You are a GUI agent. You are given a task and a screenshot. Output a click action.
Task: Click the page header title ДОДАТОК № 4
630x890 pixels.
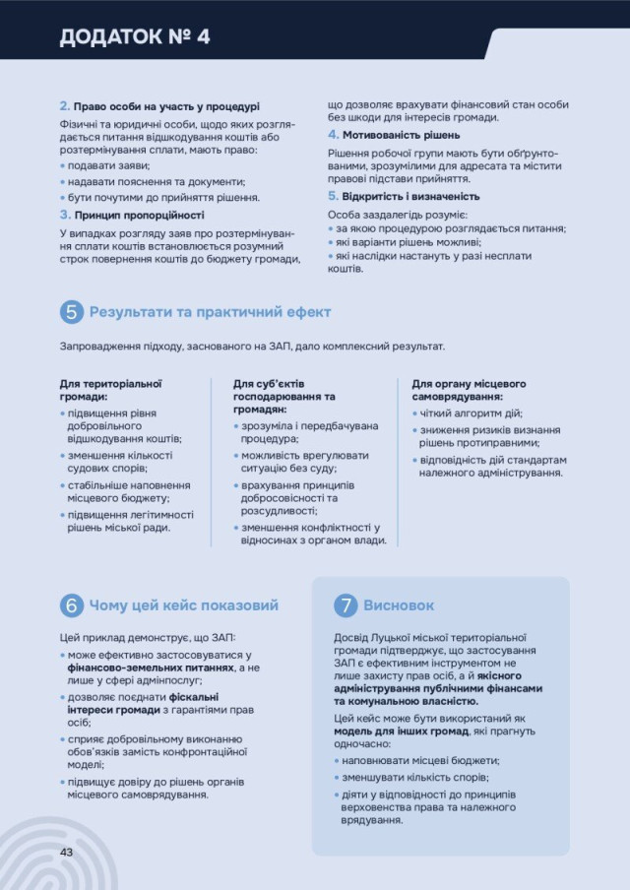pos(135,37)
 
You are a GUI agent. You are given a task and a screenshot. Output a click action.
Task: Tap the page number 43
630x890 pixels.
pos(68,851)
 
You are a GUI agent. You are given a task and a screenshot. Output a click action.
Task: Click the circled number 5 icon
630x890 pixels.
pos(71,312)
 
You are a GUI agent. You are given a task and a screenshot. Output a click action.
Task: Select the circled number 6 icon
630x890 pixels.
pos(71,605)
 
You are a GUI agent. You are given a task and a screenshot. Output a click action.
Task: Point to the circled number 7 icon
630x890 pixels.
pos(345,605)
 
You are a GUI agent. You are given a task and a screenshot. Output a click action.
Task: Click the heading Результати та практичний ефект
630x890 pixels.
pos(210,312)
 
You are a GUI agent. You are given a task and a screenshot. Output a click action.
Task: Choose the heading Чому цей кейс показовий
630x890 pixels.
pos(184,605)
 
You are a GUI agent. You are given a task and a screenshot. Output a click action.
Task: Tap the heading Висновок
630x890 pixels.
pos(399,605)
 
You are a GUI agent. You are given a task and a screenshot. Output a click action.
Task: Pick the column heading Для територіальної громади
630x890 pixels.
pos(110,390)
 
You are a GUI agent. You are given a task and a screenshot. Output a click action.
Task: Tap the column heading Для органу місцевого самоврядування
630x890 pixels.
pos(469,390)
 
